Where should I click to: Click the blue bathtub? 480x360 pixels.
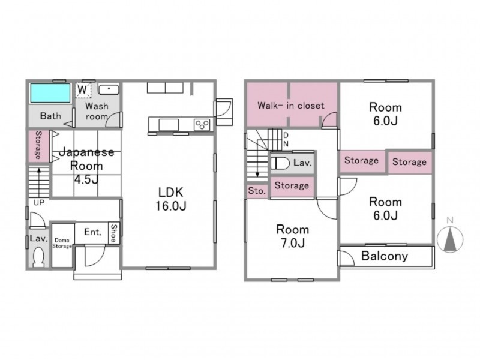point(50,93)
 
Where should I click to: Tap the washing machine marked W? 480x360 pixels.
point(83,91)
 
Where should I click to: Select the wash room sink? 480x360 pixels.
point(109,89)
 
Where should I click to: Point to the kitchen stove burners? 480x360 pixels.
point(202,125)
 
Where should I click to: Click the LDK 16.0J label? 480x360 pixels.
point(171,199)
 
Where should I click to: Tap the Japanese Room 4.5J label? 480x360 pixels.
point(86,166)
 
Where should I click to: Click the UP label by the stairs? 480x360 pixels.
point(39,203)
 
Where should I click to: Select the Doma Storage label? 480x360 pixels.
point(62,243)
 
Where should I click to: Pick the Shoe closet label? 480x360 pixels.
point(114,233)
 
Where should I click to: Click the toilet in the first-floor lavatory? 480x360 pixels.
point(38,258)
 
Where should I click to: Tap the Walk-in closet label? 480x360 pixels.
point(291,106)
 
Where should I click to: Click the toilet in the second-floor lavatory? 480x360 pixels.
point(280,163)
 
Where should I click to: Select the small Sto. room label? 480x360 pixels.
point(257,191)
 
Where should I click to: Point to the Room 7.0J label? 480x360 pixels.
point(293,236)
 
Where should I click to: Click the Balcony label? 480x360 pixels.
point(385,256)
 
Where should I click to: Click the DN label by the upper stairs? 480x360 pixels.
point(286,139)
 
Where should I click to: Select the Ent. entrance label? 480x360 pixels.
point(93,232)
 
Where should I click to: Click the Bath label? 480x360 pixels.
point(50,116)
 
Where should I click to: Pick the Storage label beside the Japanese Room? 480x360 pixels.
point(38,145)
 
